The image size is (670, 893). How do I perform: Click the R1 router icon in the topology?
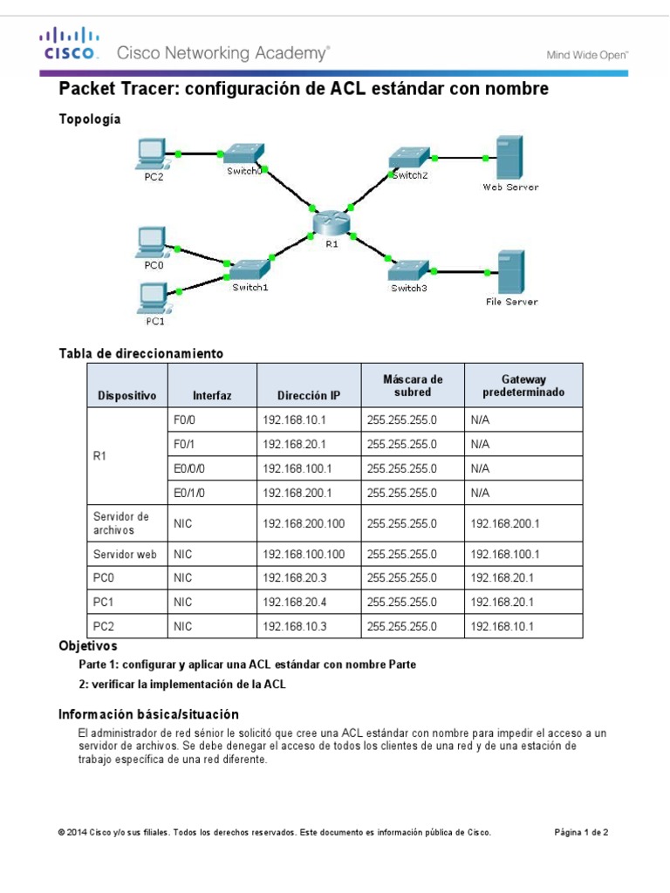[332, 223]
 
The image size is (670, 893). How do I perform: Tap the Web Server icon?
[509, 158]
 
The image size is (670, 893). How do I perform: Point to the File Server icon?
[510, 272]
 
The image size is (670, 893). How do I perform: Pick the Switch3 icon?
[409, 269]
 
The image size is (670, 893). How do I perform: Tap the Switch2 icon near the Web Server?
[409, 157]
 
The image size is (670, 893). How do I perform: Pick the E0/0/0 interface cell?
[189, 468]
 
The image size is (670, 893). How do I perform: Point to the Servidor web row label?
[125, 554]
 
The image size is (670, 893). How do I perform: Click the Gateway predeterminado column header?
[523, 385]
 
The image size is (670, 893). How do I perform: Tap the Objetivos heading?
[87, 646]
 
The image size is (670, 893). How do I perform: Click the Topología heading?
[89, 119]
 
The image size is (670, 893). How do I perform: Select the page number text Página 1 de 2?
[581, 832]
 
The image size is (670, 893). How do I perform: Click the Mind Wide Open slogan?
[587, 54]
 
